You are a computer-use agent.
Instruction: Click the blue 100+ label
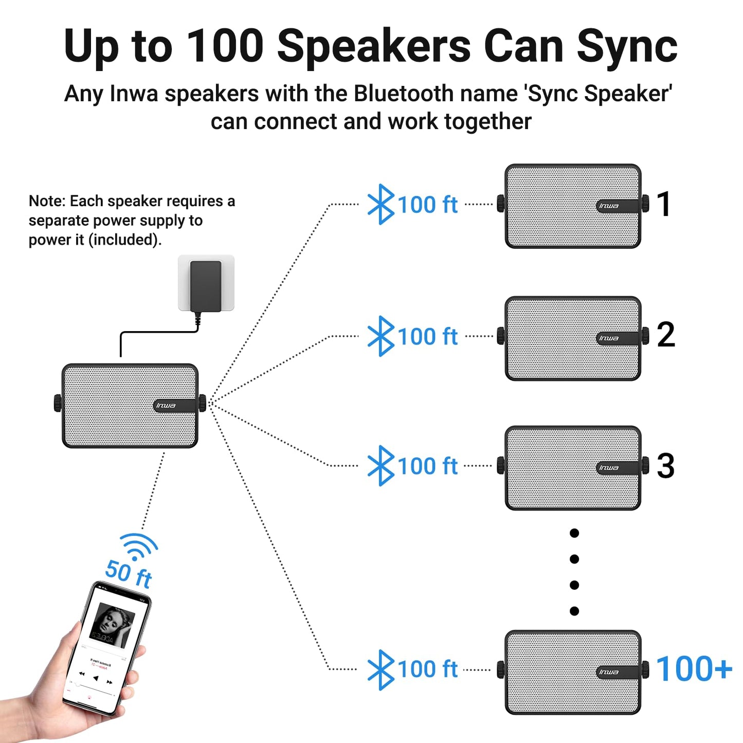[x=694, y=669]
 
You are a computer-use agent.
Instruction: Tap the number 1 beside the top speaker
[x=664, y=204]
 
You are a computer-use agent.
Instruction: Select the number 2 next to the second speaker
[x=665, y=335]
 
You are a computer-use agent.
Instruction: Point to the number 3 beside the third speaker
[x=665, y=466]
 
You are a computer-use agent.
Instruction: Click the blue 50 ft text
[x=129, y=574]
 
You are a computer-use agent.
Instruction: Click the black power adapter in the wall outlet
[x=206, y=286]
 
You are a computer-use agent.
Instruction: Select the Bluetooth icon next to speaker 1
[x=380, y=204]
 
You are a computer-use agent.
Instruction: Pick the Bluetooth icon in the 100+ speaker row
[x=380, y=669]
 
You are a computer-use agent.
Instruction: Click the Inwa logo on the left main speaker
[x=166, y=406]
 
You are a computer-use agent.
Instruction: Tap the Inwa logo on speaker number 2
[x=609, y=338]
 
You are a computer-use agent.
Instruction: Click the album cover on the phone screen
[x=112, y=625]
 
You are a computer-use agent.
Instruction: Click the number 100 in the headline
[x=225, y=46]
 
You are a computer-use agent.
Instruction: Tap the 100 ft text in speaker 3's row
[x=427, y=466]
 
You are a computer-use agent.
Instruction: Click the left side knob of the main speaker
[x=58, y=403]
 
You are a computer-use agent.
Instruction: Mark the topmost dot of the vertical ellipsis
[x=574, y=533]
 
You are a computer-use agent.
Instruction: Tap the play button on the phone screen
[x=96, y=678]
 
